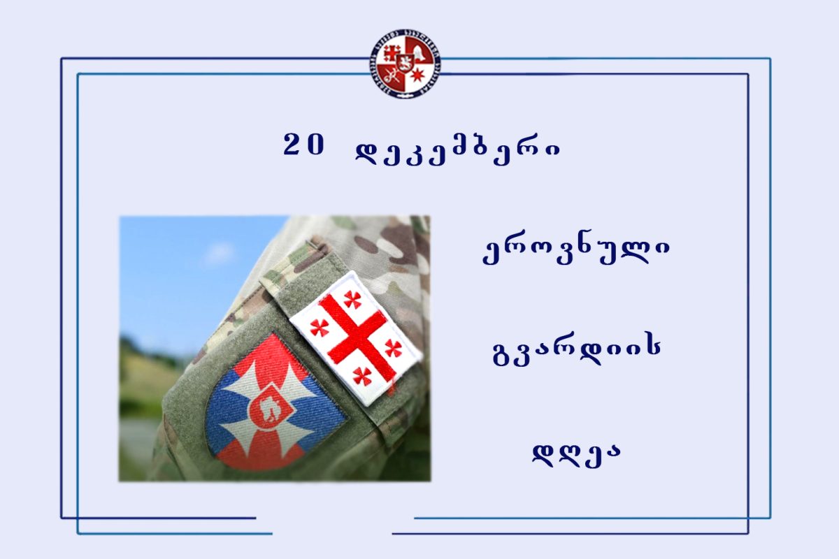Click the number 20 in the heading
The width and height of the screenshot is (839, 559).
[303, 145]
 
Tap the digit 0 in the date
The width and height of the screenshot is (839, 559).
[315, 145]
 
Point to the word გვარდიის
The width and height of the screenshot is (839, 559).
[577, 352]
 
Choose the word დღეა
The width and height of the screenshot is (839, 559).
[576, 456]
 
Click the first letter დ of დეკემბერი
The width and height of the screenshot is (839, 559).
[368, 153]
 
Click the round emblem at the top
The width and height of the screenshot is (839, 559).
[405, 64]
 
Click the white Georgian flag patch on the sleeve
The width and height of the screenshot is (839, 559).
[355, 338]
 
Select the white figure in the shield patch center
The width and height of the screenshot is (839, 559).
[270, 410]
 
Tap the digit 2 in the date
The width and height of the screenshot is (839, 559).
[292, 145]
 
